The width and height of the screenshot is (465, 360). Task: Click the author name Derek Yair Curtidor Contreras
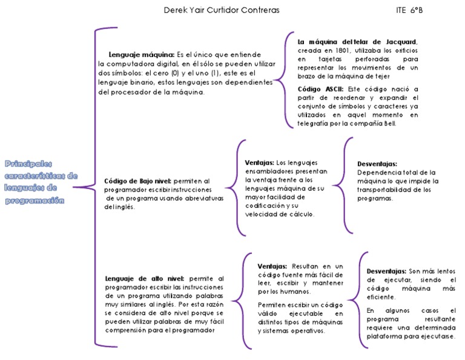222,10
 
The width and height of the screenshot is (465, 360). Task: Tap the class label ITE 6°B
409,10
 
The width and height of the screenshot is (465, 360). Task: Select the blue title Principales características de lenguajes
41,182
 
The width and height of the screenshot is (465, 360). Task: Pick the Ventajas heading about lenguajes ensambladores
259,162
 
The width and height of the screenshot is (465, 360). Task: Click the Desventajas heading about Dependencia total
377,164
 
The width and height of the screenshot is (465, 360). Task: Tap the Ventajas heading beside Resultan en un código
272,266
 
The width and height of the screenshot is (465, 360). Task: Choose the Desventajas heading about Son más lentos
386,271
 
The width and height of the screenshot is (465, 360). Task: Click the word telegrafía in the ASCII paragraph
317,123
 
